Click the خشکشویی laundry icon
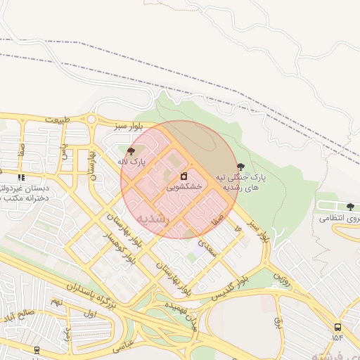(x=184, y=175)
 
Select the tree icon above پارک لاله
(x=131, y=150)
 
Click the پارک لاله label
(x=131, y=162)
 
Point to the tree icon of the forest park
(x=241, y=167)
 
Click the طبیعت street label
(x=59, y=120)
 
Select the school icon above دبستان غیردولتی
(x=21, y=177)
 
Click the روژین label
(x=281, y=275)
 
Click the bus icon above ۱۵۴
(x=338, y=327)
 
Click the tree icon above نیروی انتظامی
(x=350, y=207)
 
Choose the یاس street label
(x=64, y=151)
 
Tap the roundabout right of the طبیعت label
(x=91, y=119)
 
